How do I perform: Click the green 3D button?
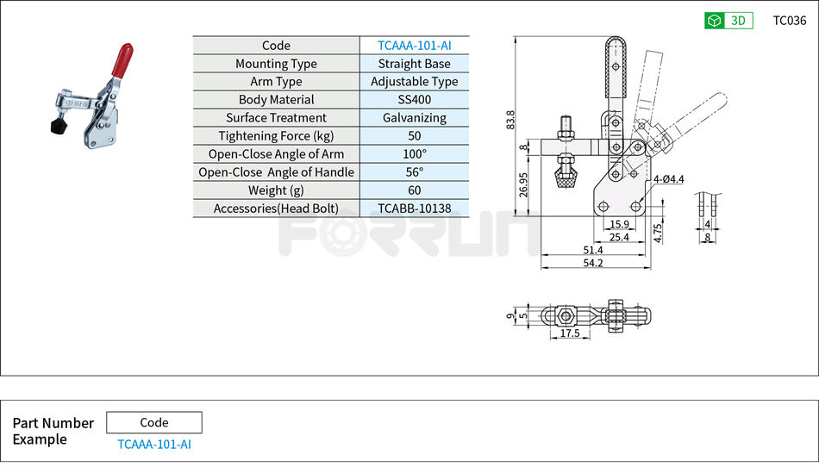[728, 21]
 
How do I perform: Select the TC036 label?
[789, 21]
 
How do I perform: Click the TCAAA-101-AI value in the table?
[414, 46]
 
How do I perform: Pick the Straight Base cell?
[414, 64]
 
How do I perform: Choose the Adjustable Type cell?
[414, 82]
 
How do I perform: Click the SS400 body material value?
[414, 100]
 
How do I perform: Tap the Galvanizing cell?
[414, 118]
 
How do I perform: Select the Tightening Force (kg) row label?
[276, 136]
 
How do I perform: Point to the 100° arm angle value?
[414, 154]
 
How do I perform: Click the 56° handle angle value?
[414, 172]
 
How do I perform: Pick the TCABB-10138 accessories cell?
[414, 209]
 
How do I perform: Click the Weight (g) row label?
[276, 190]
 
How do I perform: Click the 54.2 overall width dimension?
[592, 263]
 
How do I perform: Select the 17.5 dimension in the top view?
[569, 333]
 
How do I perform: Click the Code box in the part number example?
[154, 422]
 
